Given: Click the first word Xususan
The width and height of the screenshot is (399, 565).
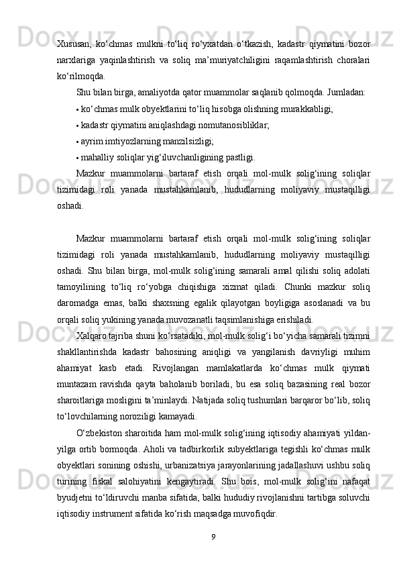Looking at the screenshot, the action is [72, 44].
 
